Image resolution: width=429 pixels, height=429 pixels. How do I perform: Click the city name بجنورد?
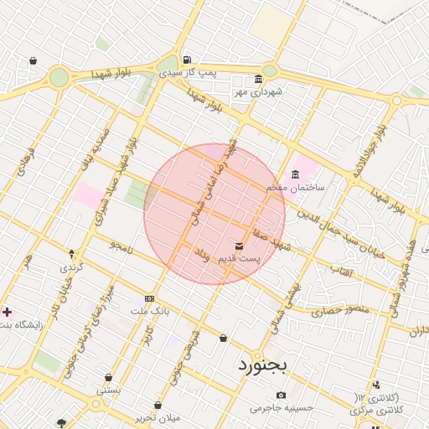(262, 365)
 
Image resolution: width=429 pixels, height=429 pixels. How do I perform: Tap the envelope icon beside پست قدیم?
(240, 246)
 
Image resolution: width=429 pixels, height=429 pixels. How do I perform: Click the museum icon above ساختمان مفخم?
(295, 174)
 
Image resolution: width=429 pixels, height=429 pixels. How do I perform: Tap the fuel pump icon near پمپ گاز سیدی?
(185, 59)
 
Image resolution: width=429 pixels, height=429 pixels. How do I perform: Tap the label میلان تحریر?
(157, 417)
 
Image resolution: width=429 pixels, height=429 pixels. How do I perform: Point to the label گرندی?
(70, 267)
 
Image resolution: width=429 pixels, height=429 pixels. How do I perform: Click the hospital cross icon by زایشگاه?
(8, 312)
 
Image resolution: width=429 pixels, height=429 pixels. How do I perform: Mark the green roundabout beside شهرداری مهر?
(270, 71)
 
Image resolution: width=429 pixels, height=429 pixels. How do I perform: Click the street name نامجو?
(122, 246)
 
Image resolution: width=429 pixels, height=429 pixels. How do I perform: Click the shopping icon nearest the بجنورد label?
(223, 339)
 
